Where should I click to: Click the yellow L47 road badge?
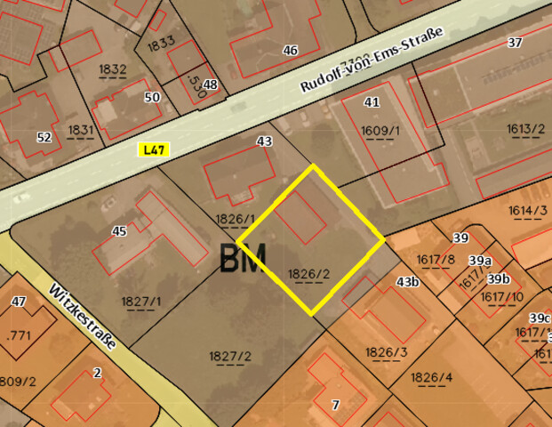(x=154, y=149)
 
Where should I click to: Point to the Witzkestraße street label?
(x=89, y=323)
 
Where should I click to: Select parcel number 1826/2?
(x=309, y=273)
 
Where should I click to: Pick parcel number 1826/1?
(x=236, y=219)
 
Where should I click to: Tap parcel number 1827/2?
(x=230, y=357)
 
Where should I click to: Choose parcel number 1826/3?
(x=386, y=351)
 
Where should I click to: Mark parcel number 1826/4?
(x=432, y=377)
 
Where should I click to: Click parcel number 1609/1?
(x=380, y=131)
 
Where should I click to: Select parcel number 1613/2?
(x=526, y=129)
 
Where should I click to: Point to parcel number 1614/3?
(x=528, y=211)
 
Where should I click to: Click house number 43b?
(x=408, y=282)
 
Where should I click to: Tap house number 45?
(x=119, y=231)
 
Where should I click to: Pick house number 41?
(x=372, y=102)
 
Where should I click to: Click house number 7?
(x=335, y=405)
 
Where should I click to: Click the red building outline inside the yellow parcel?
(x=300, y=216)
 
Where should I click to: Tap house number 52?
(x=44, y=137)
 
